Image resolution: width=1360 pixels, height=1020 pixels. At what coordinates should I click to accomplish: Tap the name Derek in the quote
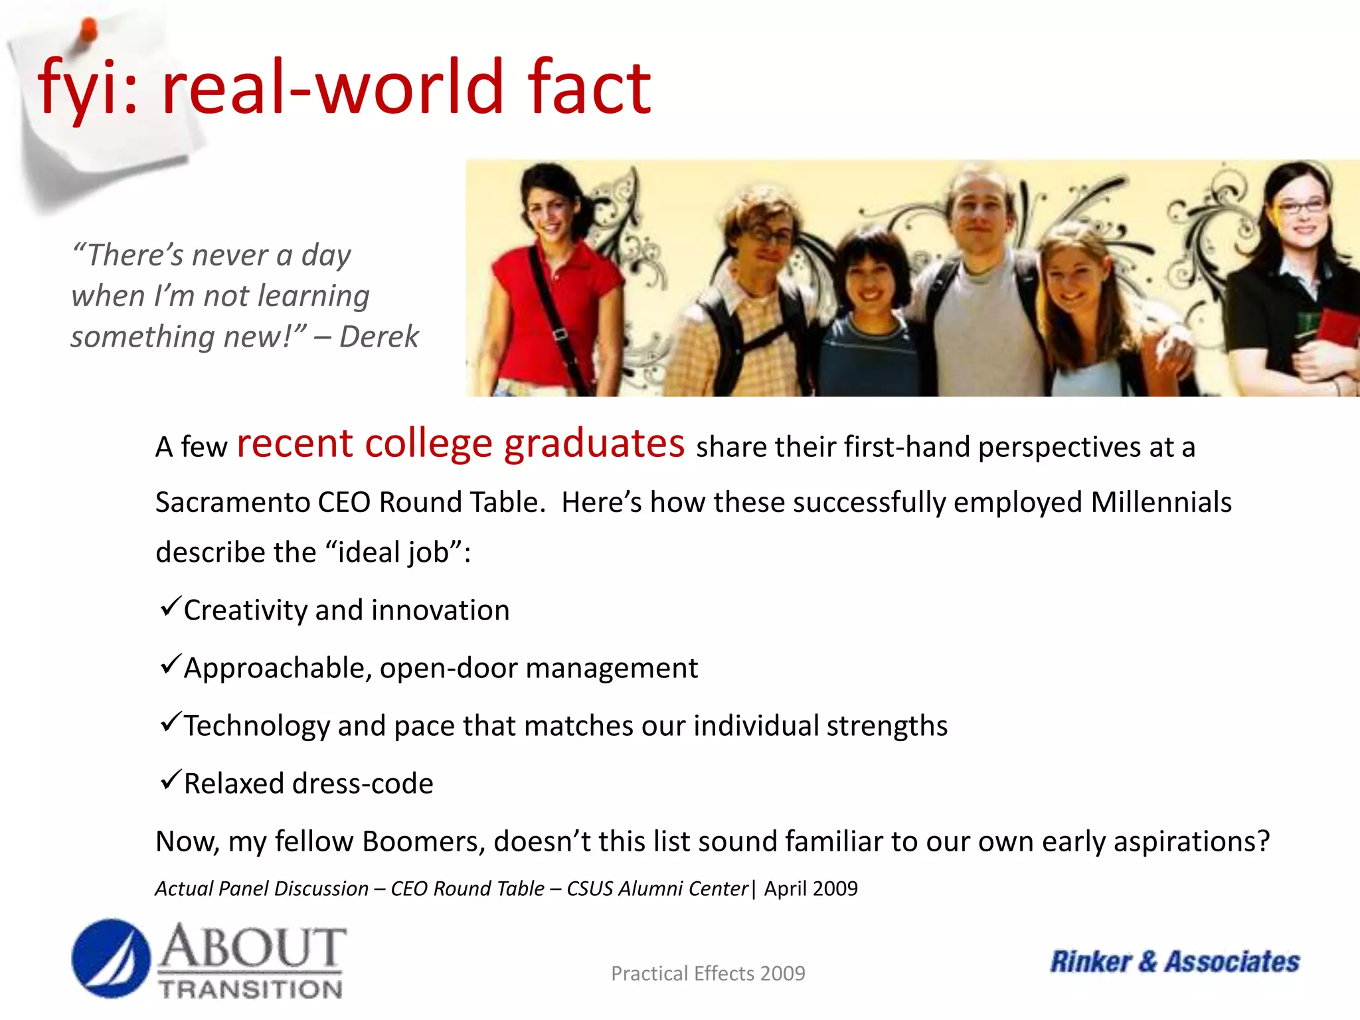(x=379, y=337)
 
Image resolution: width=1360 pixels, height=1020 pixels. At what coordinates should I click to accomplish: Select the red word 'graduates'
(x=594, y=444)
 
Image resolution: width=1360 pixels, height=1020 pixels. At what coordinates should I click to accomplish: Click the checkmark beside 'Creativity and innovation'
(x=170, y=606)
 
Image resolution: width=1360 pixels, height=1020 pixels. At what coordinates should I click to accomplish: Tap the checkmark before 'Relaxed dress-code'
(x=170, y=780)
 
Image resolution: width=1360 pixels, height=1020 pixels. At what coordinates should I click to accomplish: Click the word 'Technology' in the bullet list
(x=256, y=726)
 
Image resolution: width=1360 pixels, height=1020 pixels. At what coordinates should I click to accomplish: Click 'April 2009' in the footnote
(x=810, y=889)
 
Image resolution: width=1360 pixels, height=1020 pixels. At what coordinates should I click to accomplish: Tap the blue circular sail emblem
(x=111, y=958)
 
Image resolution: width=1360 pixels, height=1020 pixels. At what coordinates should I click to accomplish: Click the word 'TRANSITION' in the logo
(x=250, y=989)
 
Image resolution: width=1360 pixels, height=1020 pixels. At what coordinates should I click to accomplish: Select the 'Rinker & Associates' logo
(x=1174, y=962)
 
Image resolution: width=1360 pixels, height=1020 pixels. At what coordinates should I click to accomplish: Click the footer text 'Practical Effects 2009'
(x=708, y=974)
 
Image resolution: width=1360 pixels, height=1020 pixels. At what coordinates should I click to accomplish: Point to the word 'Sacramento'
(x=232, y=502)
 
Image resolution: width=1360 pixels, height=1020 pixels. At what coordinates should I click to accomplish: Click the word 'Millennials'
(x=1161, y=502)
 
